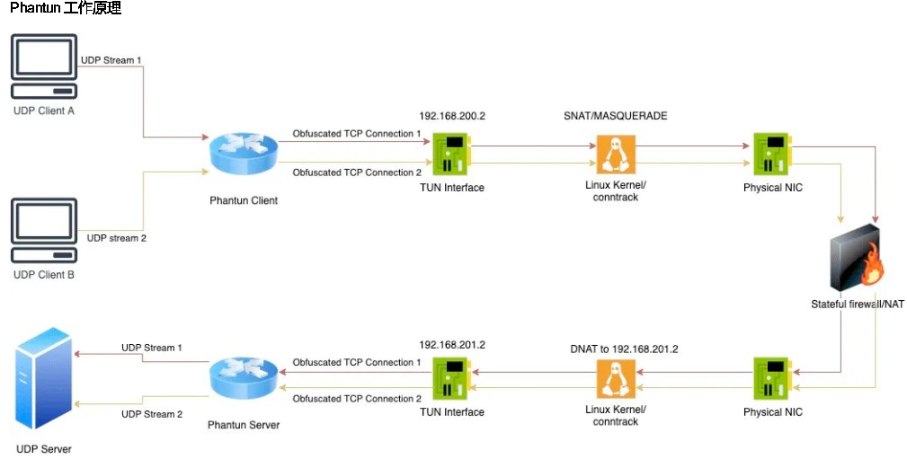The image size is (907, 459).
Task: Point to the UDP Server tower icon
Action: click(43, 381)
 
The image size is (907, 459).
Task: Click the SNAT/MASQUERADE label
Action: click(615, 117)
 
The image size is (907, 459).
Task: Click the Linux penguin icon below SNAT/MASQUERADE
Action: click(616, 154)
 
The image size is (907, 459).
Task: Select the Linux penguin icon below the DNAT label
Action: click(616, 380)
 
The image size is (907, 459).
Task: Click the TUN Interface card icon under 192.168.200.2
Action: click(452, 154)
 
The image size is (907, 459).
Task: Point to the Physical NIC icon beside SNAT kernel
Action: click(772, 154)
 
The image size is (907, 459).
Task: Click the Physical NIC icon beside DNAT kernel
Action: click(772, 379)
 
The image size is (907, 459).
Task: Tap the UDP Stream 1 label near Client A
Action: click(111, 60)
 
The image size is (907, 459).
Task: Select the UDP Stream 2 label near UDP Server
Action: click(152, 414)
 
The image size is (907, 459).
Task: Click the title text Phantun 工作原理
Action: click(65, 8)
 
